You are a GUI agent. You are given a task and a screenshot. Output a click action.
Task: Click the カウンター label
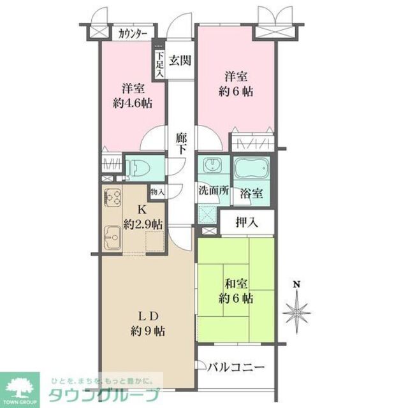[133, 33]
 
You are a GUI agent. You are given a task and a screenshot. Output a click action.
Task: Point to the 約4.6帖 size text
[133, 103]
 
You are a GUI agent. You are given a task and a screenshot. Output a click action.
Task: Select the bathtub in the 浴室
[253, 169]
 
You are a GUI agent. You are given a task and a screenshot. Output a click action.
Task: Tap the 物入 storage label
[157, 191]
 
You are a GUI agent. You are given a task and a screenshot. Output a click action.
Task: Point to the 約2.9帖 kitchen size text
[143, 224]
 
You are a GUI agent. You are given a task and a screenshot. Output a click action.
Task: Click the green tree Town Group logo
[20, 386]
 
